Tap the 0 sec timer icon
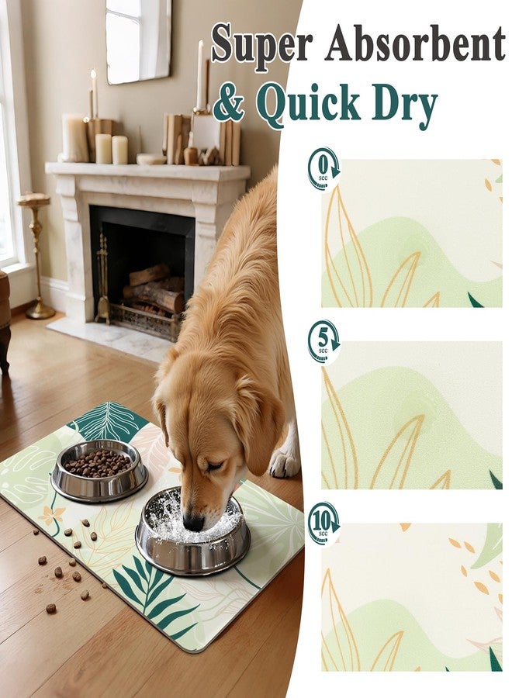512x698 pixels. tap(323, 169)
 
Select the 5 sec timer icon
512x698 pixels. tap(323, 341)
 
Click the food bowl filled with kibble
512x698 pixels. tap(99, 470)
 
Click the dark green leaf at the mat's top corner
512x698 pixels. tap(108, 420)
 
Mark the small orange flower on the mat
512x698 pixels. tap(52, 515)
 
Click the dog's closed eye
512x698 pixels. tap(214, 466)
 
